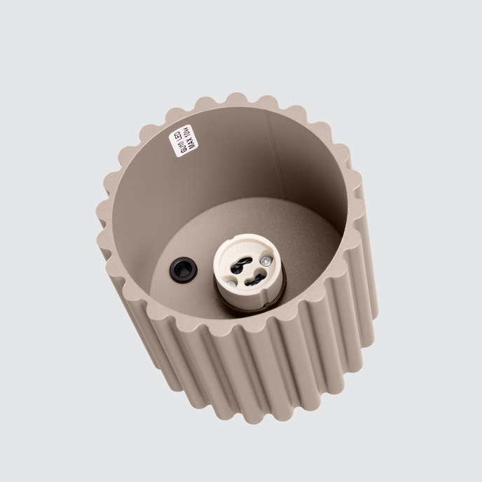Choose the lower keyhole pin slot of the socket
(x=251, y=278)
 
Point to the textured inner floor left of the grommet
(x=165, y=277)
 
